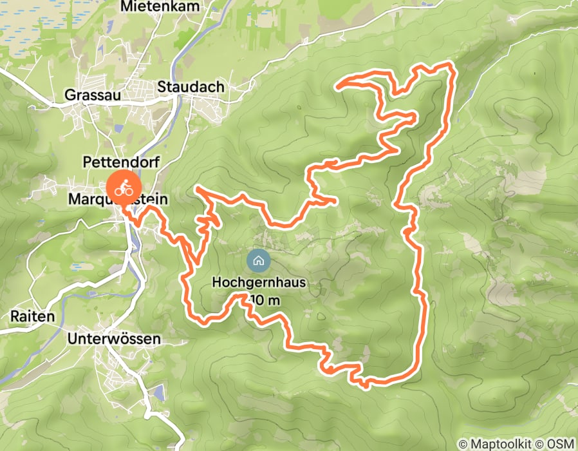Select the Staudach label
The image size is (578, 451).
[x=191, y=87]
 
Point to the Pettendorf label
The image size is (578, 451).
[x=121, y=162]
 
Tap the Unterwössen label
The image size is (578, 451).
[x=113, y=338]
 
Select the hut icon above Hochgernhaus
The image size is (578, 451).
[x=258, y=261]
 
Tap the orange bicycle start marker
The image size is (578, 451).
[x=121, y=187]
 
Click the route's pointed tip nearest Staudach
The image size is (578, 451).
[x=339, y=83]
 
